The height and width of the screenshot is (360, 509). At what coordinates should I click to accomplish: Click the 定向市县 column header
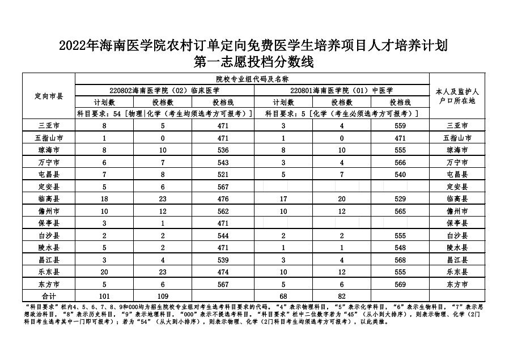[x=49, y=96]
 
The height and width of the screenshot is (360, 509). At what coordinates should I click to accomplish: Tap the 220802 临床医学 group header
[x=165, y=90]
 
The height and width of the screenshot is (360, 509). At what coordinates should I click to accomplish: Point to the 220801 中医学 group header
[x=341, y=90]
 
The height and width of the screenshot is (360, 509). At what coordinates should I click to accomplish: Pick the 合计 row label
[x=49, y=296]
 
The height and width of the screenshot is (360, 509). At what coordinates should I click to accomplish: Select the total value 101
[x=104, y=296]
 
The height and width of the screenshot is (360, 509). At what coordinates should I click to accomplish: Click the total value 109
[x=163, y=296]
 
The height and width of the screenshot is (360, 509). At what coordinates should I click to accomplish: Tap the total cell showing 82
[x=342, y=296]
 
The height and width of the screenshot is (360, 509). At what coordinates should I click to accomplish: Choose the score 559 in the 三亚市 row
[x=400, y=125]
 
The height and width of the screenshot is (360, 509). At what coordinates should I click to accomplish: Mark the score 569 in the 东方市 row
[x=400, y=284]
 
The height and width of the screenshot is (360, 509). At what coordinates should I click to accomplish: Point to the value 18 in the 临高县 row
[x=104, y=198]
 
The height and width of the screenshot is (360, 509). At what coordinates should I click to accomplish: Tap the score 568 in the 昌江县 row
[x=400, y=260]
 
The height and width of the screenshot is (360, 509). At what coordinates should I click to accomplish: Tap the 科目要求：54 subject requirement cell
[x=165, y=114]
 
